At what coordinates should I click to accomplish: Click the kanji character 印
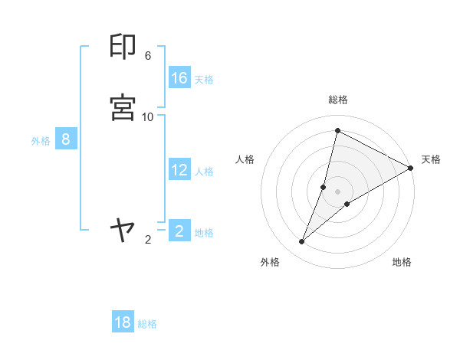coord(123,47)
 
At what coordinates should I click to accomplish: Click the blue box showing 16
coord(179,78)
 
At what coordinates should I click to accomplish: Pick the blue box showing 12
coord(179,170)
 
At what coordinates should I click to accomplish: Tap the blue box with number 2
coord(179,231)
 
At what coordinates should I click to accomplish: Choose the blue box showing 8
coord(66,139)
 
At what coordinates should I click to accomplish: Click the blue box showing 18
coord(123,322)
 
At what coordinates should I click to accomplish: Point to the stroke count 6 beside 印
coord(148,56)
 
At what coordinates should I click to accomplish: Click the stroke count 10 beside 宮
coord(148,116)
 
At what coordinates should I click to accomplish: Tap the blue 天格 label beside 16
coord(204,80)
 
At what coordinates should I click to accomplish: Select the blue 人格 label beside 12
coord(204,172)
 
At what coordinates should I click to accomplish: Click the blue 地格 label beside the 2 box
coord(204,233)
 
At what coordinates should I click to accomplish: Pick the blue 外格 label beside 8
coord(41,141)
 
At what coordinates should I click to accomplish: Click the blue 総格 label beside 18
coord(147,324)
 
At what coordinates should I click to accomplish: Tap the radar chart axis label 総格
coord(338,100)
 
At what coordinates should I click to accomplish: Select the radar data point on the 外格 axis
coord(302,242)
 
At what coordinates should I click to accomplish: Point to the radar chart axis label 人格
coord(245,159)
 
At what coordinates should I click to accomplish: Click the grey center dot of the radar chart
coord(338,191)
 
